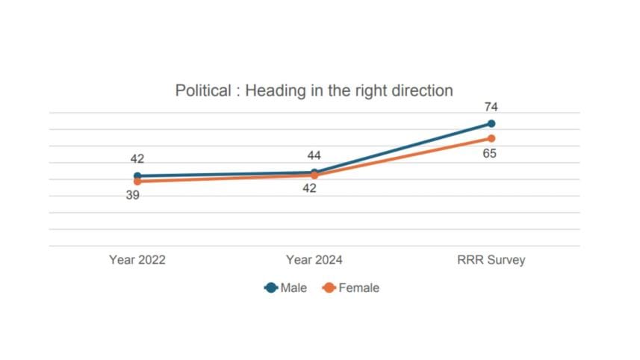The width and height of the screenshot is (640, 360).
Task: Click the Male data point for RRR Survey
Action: (x=491, y=123)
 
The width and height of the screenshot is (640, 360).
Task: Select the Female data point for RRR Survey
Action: (x=491, y=138)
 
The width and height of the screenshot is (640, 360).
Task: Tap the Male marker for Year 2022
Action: (x=137, y=176)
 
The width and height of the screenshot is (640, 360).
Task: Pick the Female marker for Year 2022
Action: (x=137, y=181)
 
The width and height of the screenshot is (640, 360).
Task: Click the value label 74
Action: (x=491, y=108)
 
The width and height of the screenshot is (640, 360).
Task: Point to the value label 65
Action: (x=491, y=154)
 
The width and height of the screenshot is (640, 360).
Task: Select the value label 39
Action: (x=133, y=195)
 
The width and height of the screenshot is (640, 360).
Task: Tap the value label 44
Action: (x=314, y=156)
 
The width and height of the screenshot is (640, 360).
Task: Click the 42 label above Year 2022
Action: (x=137, y=159)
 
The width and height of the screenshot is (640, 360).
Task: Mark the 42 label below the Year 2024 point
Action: (x=309, y=188)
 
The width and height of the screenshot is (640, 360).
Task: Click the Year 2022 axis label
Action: (x=137, y=261)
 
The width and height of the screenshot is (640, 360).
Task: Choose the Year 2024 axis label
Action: (x=314, y=261)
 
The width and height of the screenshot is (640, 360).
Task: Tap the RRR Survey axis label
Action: (x=491, y=261)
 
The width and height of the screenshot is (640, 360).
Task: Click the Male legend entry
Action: (x=293, y=288)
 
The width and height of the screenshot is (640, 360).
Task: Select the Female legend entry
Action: (x=358, y=288)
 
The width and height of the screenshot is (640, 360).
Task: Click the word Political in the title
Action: (x=204, y=91)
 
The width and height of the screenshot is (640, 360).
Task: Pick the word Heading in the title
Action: (x=274, y=91)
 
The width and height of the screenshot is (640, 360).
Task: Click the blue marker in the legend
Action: (x=271, y=288)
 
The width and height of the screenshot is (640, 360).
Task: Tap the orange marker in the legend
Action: (x=329, y=288)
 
